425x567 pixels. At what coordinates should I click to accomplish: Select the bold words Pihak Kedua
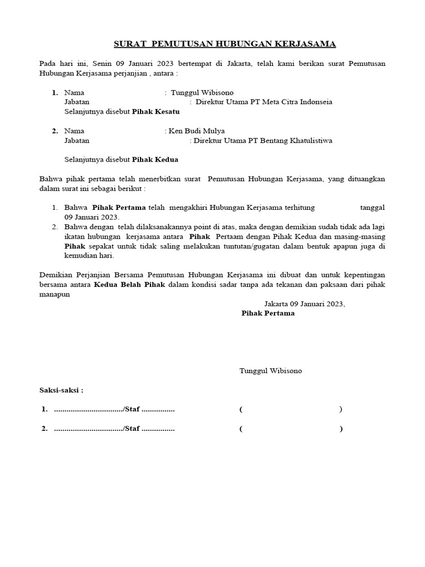point(155,159)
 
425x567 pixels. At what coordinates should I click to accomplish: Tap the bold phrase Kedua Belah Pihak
point(126,285)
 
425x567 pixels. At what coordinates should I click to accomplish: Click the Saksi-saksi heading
point(61,390)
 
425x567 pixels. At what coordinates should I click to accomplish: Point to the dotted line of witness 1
point(89,410)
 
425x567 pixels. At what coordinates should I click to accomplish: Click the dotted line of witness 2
point(89,429)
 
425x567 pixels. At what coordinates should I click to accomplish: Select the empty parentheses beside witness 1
point(291,410)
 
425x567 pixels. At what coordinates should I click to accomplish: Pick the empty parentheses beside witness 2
point(291,429)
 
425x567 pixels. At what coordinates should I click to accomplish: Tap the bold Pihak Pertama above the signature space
point(268,313)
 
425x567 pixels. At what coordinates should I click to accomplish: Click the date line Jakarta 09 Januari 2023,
point(304,303)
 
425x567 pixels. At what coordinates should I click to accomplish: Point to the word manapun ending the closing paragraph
point(55,295)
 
